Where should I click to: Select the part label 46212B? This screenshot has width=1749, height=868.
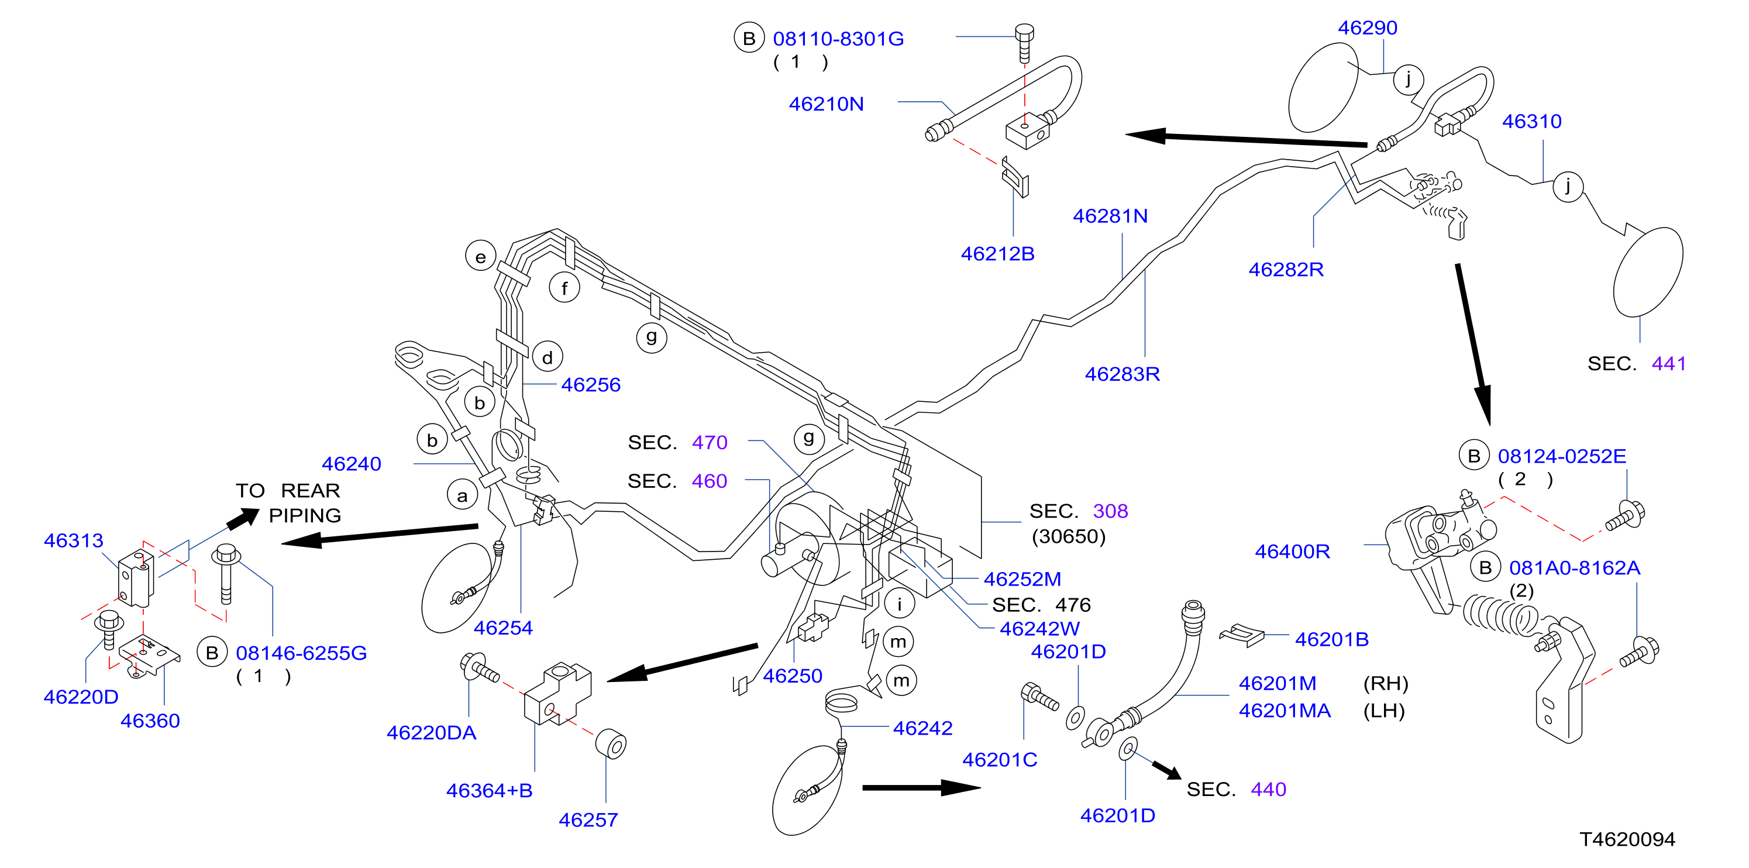[x=997, y=254]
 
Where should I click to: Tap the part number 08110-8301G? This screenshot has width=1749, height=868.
[x=838, y=39]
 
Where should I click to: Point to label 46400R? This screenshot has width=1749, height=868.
[x=1292, y=551]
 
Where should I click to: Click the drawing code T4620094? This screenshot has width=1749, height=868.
[x=1627, y=839]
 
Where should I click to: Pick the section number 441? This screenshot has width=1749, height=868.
[x=1668, y=364]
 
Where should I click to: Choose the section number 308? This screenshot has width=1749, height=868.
[x=1110, y=511]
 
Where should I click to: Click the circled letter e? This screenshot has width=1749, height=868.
[x=481, y=257]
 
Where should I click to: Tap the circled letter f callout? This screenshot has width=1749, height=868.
[x=564, y=288]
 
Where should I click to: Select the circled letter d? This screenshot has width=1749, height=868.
[x=548, y=357]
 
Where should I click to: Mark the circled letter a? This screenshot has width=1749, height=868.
[x=462, y=495]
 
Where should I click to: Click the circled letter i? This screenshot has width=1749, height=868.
[x=900, y=603]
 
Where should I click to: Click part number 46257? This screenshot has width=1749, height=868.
[x=588, y=820]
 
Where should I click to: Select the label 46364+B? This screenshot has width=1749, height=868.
[x=489, y=791]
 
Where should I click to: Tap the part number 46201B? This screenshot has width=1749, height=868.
[x=1331, y=639]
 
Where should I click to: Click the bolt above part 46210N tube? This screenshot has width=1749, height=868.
[x=1025, y=43]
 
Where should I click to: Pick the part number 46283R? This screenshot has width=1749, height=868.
[x=1123, y=374]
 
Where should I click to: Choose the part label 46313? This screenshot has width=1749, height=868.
[x=73, y=540]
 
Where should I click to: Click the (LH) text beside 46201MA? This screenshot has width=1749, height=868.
[x=1384, y=711]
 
